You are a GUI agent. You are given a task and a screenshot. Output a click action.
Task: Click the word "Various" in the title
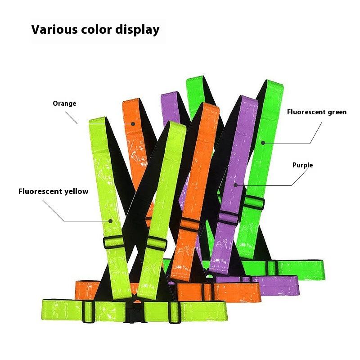pyautogui.click(x=54, y=30)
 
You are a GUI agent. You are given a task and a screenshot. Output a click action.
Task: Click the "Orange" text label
pyautogui.click(x=64, y=103)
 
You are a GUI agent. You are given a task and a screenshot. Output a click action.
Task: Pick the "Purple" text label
pyautogui.click(x=302, y=165)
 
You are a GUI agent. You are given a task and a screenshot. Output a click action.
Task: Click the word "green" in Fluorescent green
pyautogui.click(x=337, y=112)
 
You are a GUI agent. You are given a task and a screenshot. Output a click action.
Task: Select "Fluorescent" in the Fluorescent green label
pyautogui.click(x=306, y=112)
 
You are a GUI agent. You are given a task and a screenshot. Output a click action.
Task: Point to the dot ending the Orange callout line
pyautogui.click(x=133, y=124)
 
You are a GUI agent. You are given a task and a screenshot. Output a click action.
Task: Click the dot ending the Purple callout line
pyautogui.click(x=234, y=185)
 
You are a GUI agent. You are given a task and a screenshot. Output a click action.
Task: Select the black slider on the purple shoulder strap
pyautogui.click(x=228, y=218)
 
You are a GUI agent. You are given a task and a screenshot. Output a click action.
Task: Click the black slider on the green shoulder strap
pyautogui.click(x=255, y=203)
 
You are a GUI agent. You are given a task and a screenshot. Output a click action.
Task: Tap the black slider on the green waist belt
pyautogui.click(x=271, y=267)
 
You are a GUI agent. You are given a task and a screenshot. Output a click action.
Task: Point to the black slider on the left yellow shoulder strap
pyautogui.click(x=113, y=242)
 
